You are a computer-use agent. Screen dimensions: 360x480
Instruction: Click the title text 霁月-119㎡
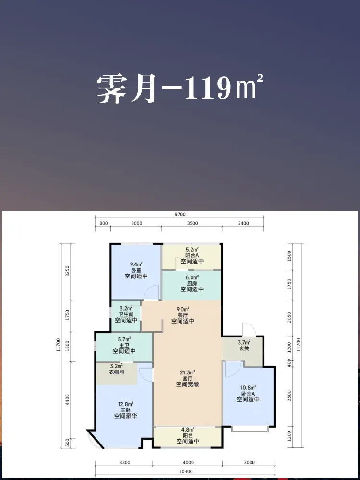coord(180,89)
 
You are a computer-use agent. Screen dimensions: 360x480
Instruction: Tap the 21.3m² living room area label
coord(187,372)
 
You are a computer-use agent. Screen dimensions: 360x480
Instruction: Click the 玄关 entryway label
coord(244,348)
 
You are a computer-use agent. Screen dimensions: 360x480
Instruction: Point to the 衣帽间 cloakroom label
coord(117,372)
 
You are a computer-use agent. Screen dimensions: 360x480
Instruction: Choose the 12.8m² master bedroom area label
coord(125,404)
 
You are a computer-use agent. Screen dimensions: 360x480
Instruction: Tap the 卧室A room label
coord(248,393)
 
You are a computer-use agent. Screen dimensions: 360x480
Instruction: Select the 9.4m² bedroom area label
coord(136,264)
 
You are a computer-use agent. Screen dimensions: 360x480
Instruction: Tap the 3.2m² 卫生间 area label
coord(125,308)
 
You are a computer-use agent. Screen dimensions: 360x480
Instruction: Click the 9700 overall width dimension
coord(180,214)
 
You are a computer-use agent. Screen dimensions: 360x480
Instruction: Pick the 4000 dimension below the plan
coord(188,463)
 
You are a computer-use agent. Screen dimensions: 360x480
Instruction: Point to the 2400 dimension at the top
coord(244,223)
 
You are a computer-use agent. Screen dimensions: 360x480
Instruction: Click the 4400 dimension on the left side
coord(67,399)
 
